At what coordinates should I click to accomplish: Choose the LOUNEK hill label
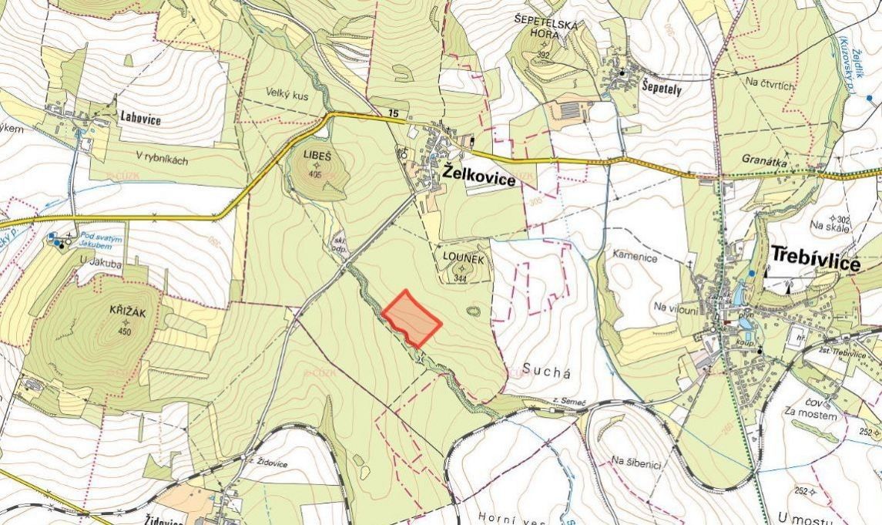[463, 261]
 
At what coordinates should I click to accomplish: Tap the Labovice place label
[141, 117]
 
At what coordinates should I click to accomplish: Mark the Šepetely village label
[662, 87]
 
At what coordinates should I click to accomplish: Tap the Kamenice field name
[635, 257]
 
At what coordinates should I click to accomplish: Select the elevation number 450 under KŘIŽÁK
[126, 331]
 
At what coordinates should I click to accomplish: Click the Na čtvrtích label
[770, 84]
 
